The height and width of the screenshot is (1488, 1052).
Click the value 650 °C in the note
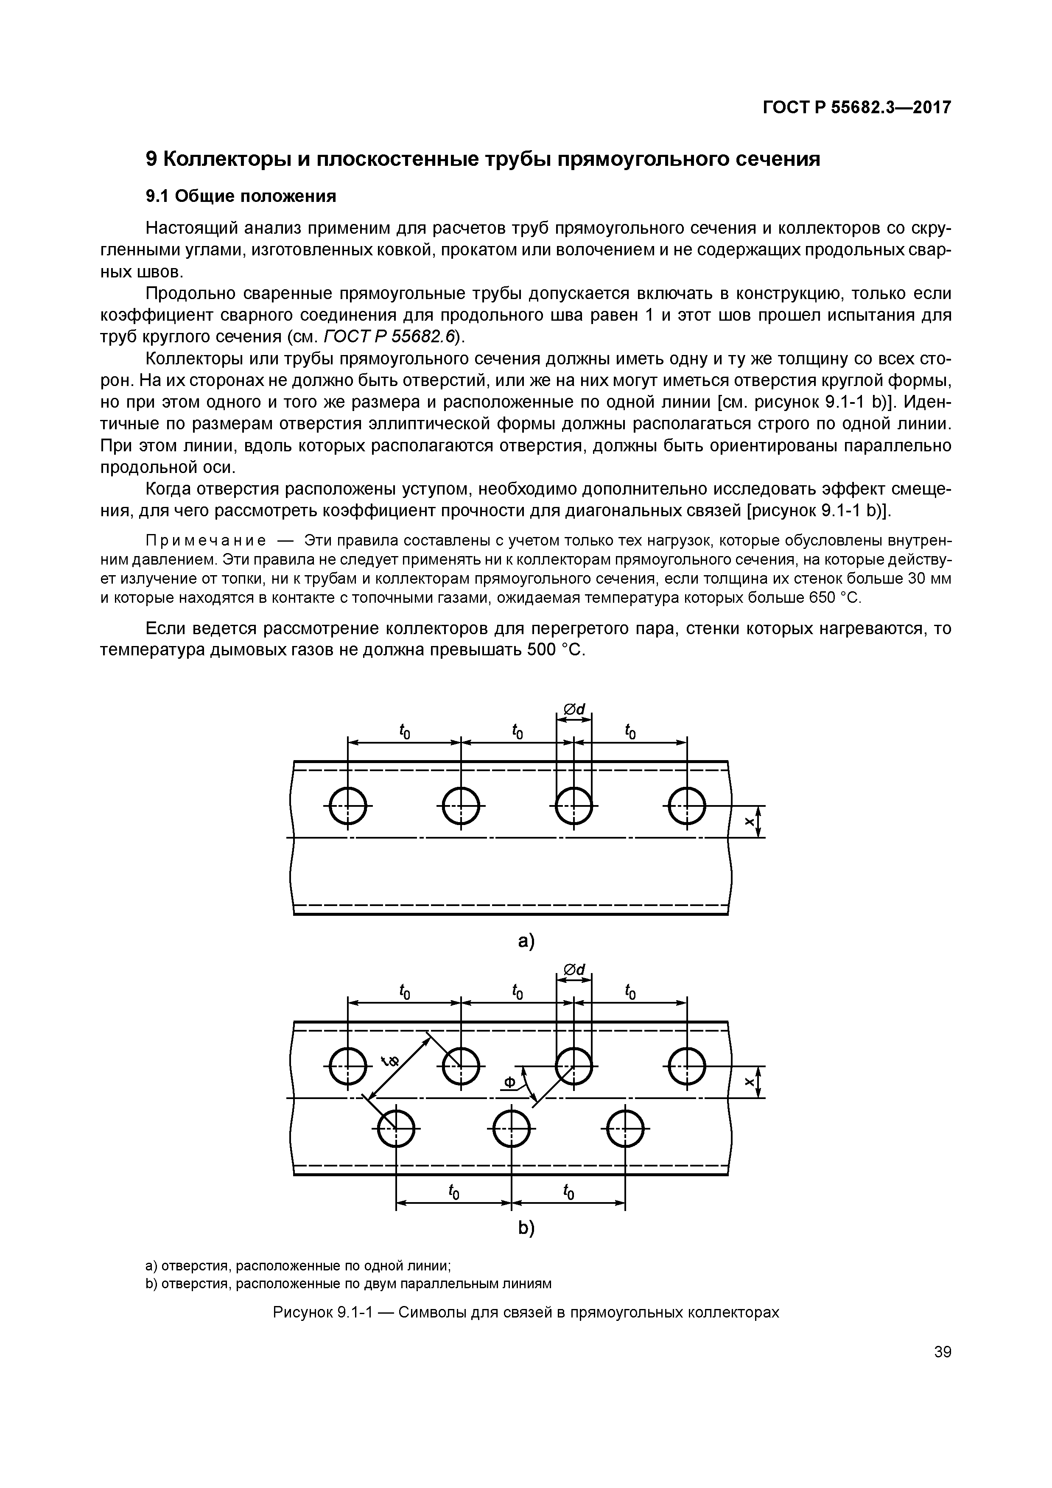[x=834, y=597]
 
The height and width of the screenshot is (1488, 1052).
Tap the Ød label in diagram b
[x=574, y=970]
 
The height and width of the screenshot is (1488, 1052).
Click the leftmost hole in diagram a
[x=348, y=806]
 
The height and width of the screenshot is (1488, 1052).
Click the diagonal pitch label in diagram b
[x=391, y=1061]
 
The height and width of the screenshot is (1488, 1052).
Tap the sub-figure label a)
[x=526, y=941]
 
